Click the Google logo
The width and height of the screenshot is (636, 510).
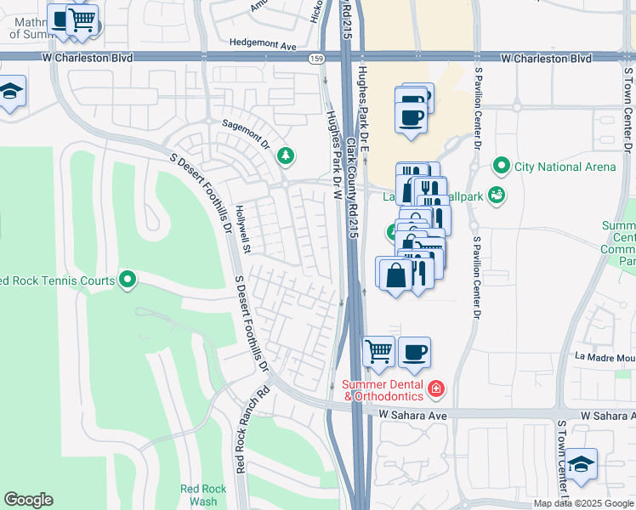point(28,500)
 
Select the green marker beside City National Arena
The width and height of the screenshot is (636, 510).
point(502,166)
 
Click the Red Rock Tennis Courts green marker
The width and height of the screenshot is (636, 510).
point(128,278)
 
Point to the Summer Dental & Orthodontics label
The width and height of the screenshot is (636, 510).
point(383,389)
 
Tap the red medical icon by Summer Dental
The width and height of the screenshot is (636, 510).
point(436,388)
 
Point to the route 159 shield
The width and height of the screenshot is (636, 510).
point(316,58)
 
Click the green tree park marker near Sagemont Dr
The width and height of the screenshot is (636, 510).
point(287,156)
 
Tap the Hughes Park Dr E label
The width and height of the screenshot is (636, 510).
point(363,110)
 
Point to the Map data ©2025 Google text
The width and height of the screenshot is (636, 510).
point(584,503)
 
